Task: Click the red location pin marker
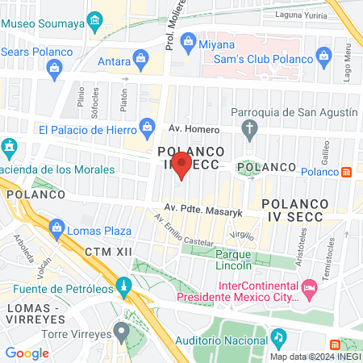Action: tap(182, 166)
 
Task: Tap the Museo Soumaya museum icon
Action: tap(96, 19)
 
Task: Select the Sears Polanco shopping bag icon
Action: tap(54, 67)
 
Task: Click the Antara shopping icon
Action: tap(142, 57)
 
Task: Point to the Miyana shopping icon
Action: tap(189, 40)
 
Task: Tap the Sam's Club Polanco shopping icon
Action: tap(323, 56)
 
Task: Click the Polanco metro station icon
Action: tap(346, 172)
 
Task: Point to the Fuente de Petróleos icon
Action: tap(123, 285)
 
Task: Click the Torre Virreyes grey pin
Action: tap(121, 330)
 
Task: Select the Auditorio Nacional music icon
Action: tap(277, 335)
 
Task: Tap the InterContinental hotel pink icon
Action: tap(309, 288)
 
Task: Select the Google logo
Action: tap(27, 353)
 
